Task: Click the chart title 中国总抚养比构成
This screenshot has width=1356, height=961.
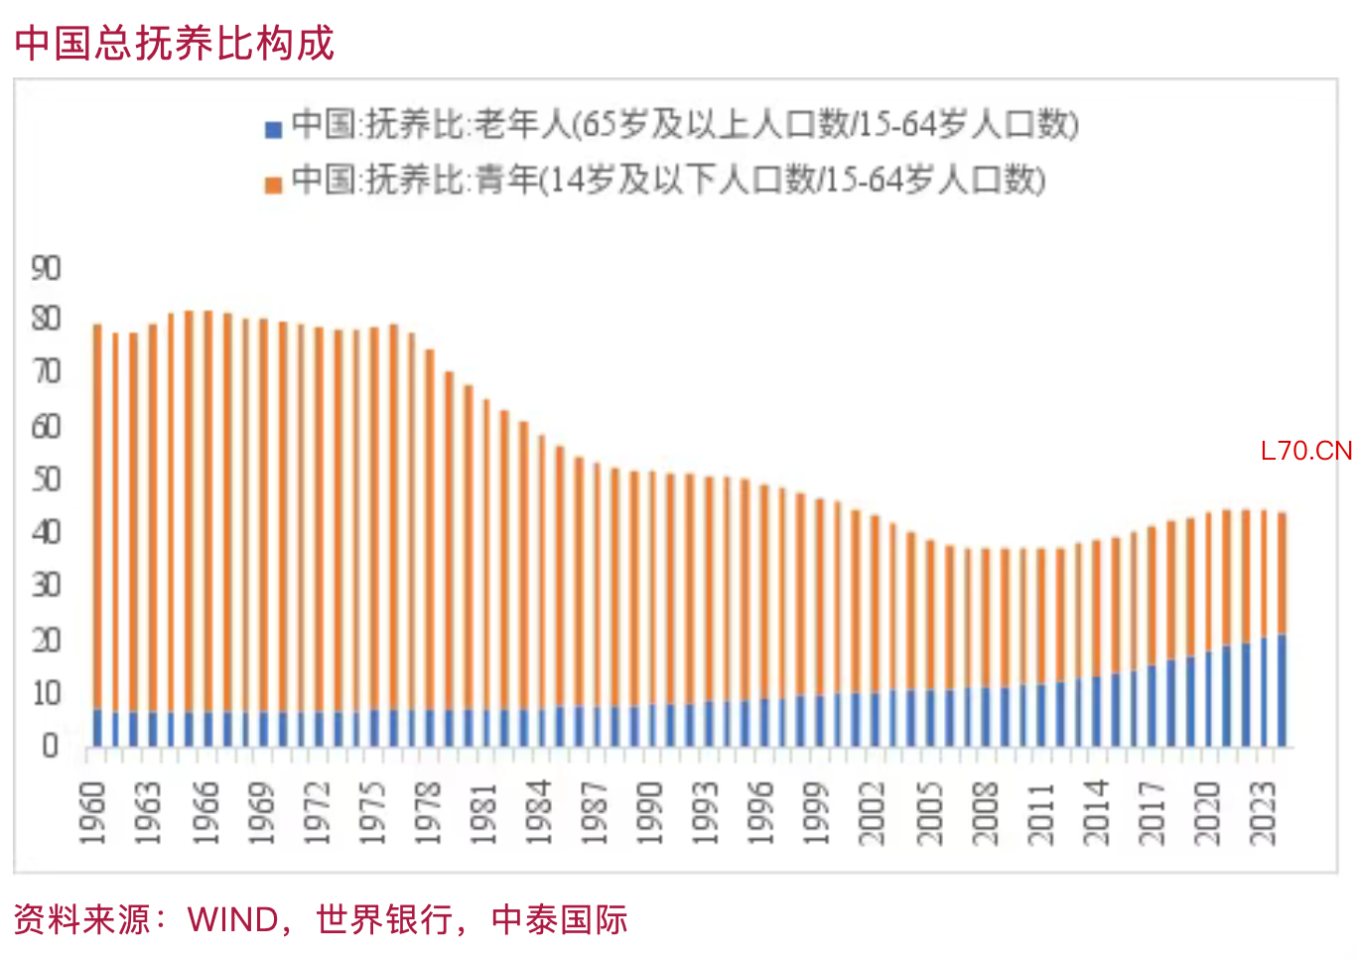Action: [x=175, y=43]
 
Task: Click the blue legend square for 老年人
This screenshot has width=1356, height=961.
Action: [x=274, y=129]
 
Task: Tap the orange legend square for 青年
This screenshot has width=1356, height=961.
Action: [x=274, y=185]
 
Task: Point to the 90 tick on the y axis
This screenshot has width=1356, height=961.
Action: [x=46, y=268]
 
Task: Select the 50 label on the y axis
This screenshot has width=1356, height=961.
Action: [x=46, y=480]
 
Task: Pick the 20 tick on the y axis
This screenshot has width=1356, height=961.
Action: [x=46, y=639]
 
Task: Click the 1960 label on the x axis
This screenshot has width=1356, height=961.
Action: [x=93, y=813]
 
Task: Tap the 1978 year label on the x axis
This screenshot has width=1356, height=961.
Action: [x=428, y=813]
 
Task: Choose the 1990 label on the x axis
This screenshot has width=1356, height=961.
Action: [x=650, y=813]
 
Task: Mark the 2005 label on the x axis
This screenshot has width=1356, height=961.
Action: [x=930, y=813]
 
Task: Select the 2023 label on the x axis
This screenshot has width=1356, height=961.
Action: [x=1264, y=813]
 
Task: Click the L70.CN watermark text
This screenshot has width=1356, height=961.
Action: [x=1305, y=452]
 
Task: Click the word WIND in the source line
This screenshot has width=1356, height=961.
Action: [x=233, y=919]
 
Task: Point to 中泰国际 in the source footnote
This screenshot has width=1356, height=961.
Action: [x=560, y=919]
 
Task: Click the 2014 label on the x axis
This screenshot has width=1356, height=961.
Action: [x=1097, y=813]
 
